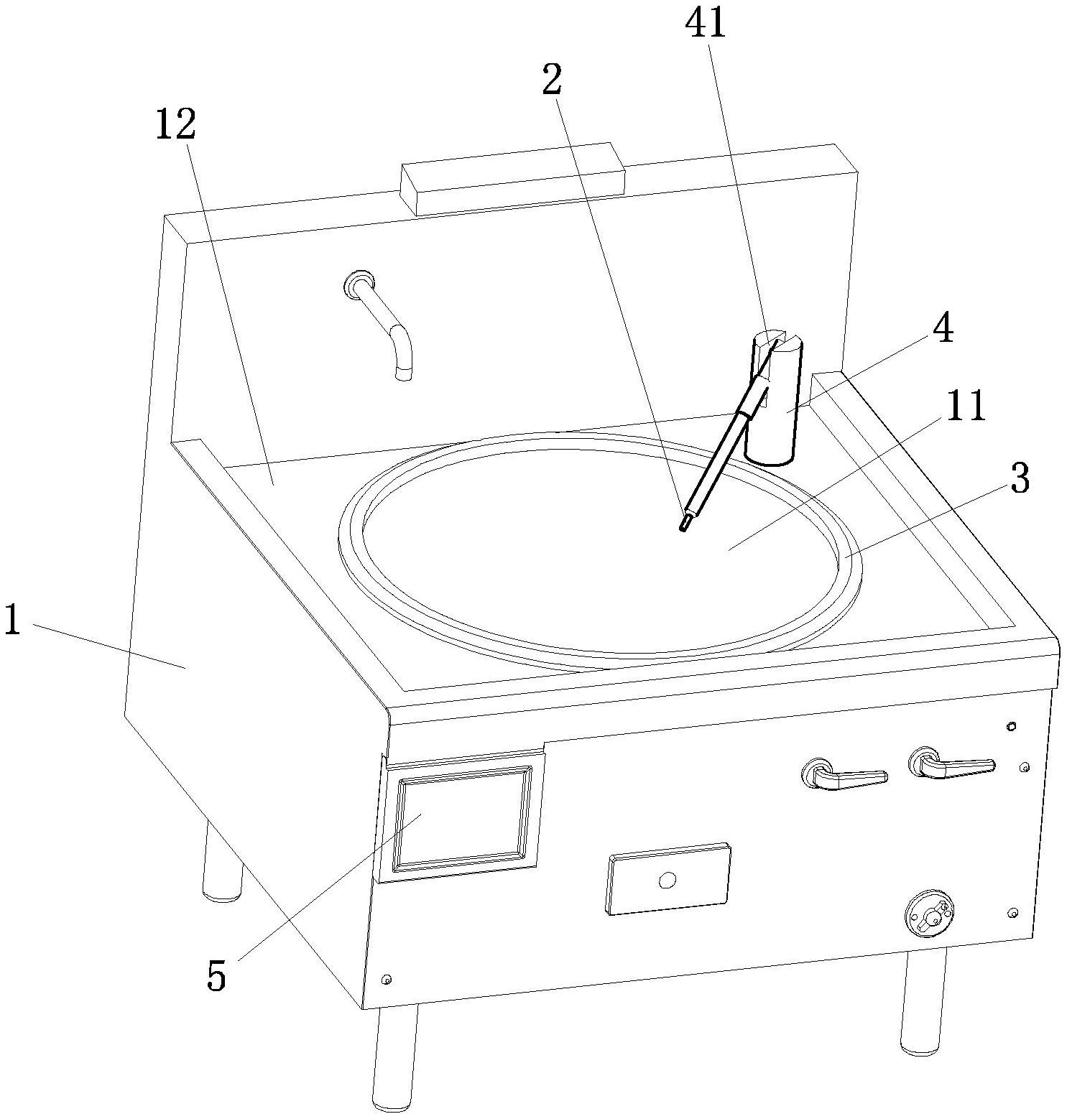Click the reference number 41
pos(706,24)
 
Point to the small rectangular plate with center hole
pos(668,878)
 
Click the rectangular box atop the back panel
pos(512,177)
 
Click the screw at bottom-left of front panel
pos(387,979)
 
